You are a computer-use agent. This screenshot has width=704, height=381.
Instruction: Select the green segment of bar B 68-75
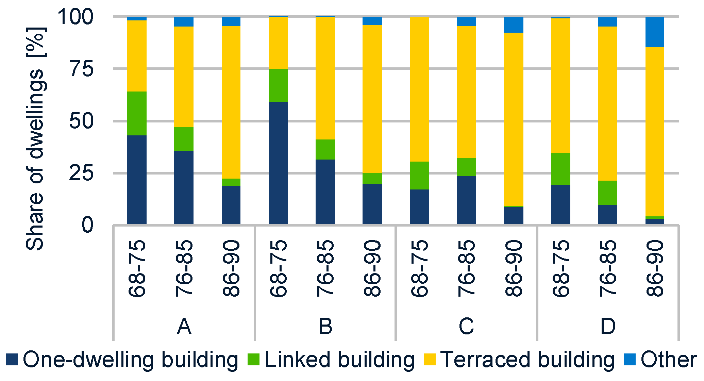point(278,85)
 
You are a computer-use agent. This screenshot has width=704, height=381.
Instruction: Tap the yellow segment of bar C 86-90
point(514,119)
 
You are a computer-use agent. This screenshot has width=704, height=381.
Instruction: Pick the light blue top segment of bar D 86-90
point(655,32)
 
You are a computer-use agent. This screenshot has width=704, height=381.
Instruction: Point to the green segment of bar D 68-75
point(560,169)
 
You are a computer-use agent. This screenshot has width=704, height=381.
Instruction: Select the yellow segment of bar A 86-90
point(231,102)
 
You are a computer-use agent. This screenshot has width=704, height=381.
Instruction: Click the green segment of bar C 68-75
point(419,175)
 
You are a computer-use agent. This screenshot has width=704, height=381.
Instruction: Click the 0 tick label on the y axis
point(87,225)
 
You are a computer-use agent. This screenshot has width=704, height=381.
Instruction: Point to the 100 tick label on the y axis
point(75,17)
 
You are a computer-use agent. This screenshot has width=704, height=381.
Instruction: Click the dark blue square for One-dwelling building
point(12,360)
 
